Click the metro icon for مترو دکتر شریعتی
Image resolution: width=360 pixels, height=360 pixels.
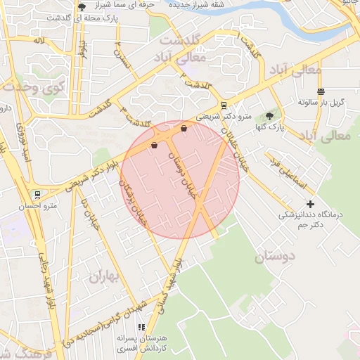224,105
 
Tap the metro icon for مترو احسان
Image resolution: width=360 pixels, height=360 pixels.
37,194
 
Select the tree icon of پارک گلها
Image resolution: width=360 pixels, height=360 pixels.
269,116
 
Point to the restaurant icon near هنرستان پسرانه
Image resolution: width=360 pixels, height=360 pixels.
141,327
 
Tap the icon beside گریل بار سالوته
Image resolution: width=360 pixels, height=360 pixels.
321,91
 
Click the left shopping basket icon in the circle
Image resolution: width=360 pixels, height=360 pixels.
154,146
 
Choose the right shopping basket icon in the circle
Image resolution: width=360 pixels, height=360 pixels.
184,129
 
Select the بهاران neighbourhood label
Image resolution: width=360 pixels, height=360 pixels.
105,276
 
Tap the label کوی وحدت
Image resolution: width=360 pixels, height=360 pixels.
33,87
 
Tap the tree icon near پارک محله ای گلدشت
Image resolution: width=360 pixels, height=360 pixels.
82,8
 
